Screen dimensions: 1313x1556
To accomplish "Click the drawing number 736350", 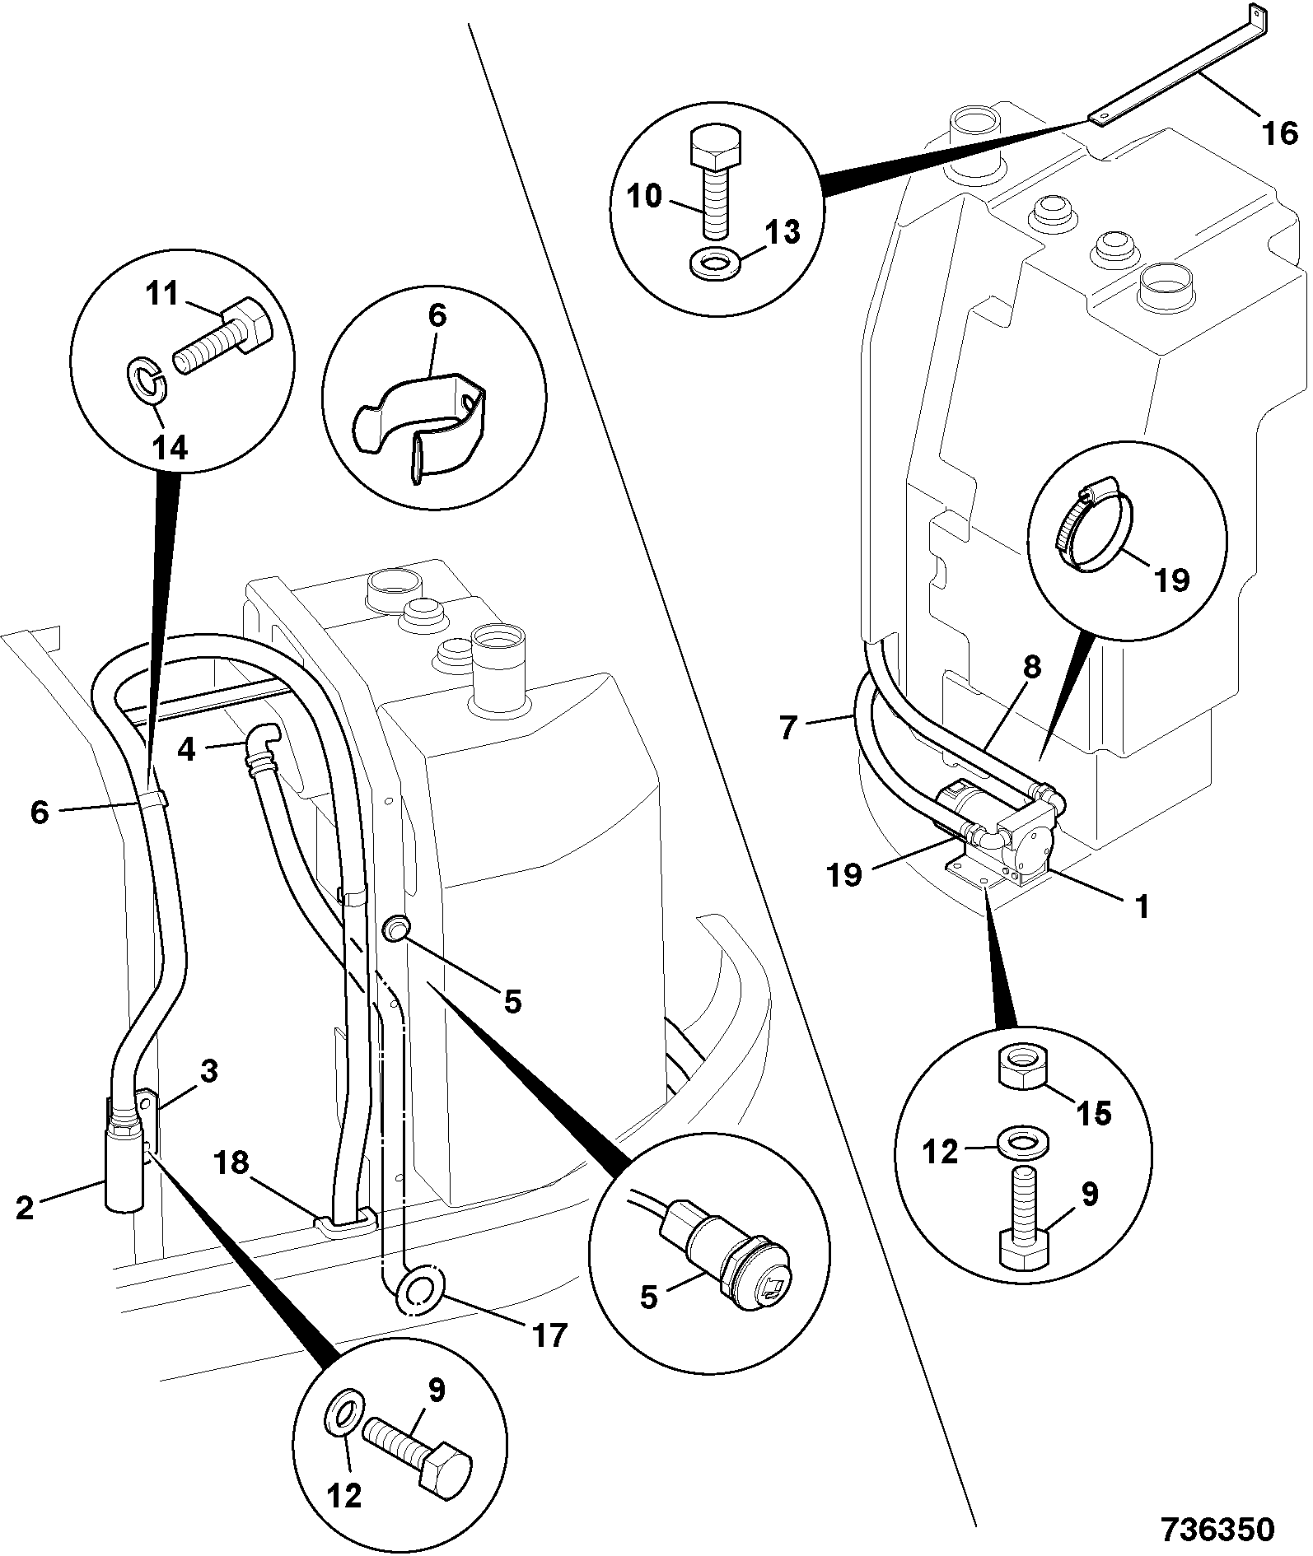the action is click(x=1217, y=1529).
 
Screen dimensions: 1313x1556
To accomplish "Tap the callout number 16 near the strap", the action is click(x=1279, y=133).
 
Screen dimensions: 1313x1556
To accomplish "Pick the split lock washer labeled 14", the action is click(x=147, y=384).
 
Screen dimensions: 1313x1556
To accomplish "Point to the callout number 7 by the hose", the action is click(x=789, y=728).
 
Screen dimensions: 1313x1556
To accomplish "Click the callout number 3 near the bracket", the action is click(x=209, y=1072).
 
